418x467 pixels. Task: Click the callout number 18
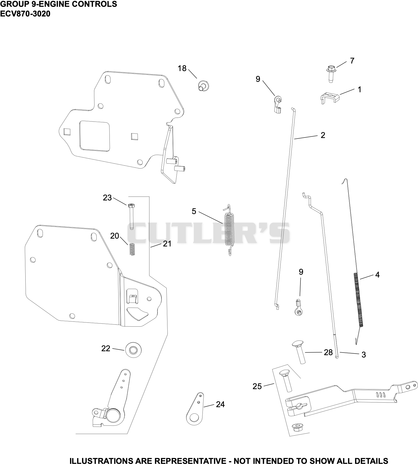point(182,68)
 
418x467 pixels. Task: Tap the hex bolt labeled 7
point(331,74)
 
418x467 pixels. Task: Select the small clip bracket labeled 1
point(329,98)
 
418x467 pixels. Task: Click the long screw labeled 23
point(131,216)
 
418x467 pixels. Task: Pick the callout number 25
point(257,386)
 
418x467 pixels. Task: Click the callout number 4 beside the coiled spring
point(377,275)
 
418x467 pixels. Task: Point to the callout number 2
point(323,135)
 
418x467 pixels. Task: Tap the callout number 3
point(364,355)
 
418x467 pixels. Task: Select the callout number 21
point(167,244)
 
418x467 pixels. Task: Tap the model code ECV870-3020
point(25,14)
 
